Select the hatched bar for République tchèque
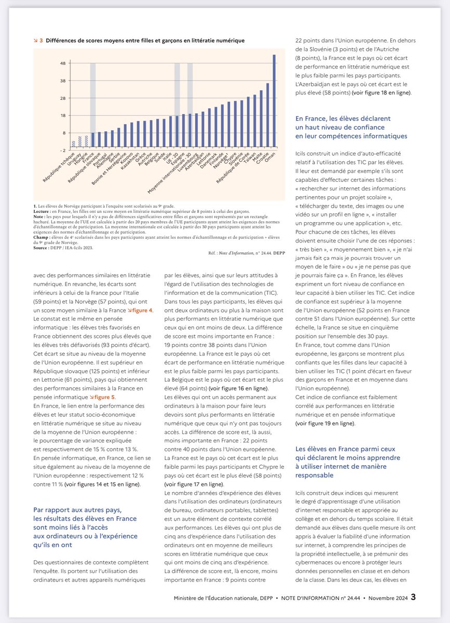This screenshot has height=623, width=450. point(74,144)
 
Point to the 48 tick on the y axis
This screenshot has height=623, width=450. point(63,63)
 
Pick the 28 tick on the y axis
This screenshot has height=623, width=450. point(63,98)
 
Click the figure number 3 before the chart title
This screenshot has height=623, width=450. point(41,40)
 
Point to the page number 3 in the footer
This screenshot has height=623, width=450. point(413,597)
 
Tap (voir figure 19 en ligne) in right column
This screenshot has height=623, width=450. point(326,423)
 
